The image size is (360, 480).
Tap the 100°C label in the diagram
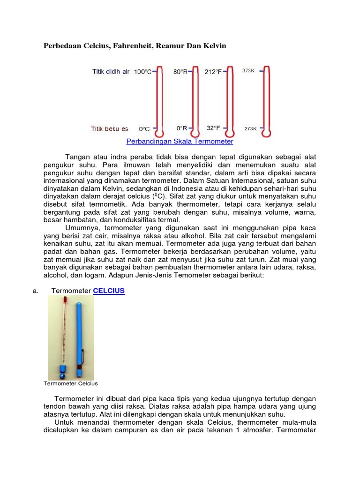pyautogui.click(x=142, y=72)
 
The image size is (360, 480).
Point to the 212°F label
pyautogui.click(x=213, y=72)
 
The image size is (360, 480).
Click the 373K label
pyautogui.click(x=248, y=71)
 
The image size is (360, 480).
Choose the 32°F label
pyautogui.click(x=213, y=128)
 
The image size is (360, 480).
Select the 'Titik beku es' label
pyautogui.click(x=109, y=128)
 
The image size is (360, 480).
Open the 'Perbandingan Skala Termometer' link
pyautogui.click(x=180, y=141)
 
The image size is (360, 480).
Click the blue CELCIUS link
pyautogui.click(x=109, y=291)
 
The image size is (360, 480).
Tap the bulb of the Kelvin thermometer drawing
pyautogui.click(x=267, y=133)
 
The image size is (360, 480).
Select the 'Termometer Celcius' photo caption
pyautogui.click(x=71, y=383)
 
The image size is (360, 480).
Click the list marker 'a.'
pyautogui.click(x=35, y=291)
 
